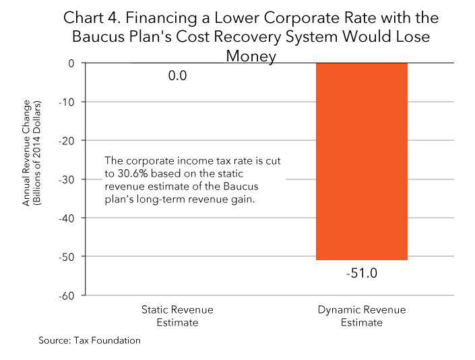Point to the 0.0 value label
[177, 76]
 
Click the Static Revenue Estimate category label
[177, 316]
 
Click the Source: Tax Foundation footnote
[90, 340]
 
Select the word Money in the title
[251, 57]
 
